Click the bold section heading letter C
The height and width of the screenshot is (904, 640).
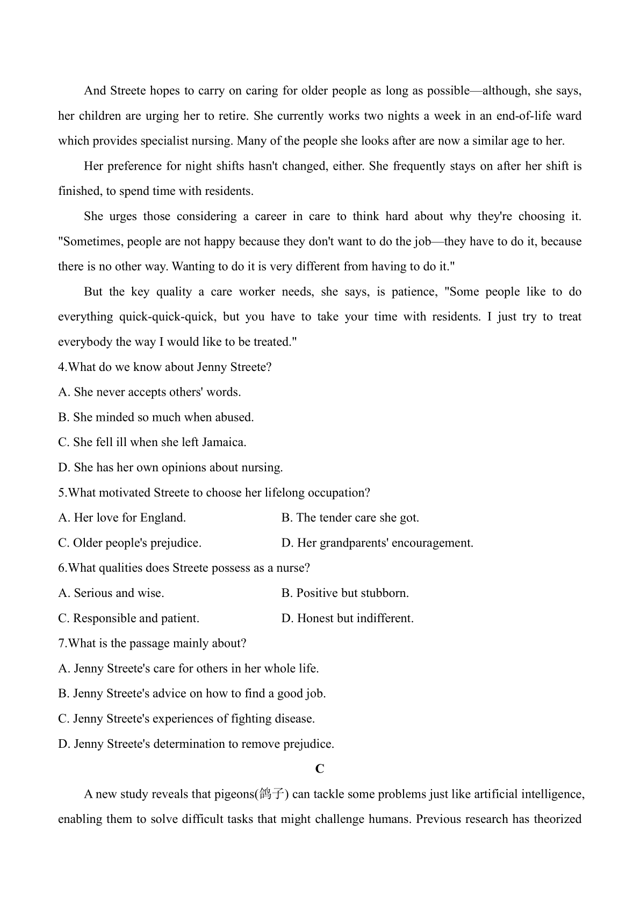pos(320,769)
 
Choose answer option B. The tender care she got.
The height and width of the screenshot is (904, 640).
pos(350,517)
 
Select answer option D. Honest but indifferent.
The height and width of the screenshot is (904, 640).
pos(347,618)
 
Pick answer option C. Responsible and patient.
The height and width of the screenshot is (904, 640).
pos(128,618)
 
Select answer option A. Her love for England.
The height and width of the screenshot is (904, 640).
pos(122,517)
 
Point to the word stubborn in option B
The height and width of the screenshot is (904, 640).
pos(385,593)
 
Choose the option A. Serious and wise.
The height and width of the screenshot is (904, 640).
pos(111,593)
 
